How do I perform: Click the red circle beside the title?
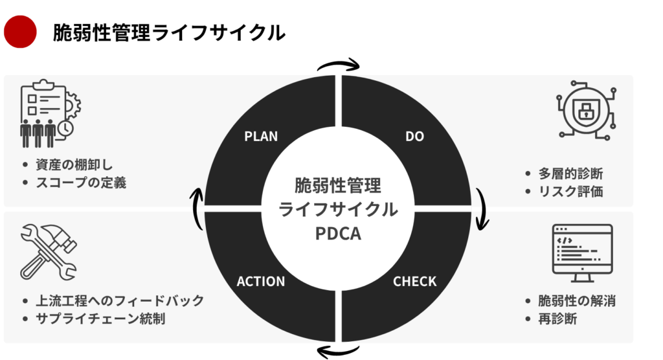20,32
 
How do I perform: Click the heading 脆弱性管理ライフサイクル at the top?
168,32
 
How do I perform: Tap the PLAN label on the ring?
261,136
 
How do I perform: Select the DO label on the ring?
414,136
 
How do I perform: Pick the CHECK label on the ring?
414,282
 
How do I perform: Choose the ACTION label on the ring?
261,282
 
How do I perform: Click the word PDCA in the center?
338,233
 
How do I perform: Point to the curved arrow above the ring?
337,65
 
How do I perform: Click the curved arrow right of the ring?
482,209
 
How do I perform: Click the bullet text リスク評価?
570,192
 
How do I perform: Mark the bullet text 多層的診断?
570,174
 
